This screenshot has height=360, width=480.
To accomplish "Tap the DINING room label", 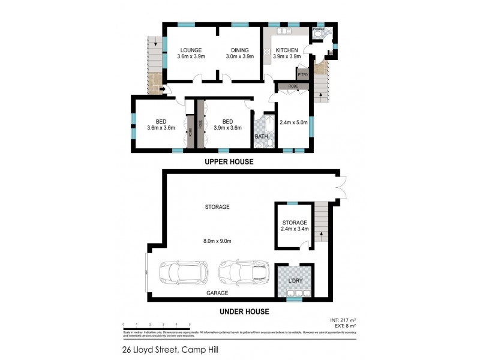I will pyautogui.click(x=240, y=50).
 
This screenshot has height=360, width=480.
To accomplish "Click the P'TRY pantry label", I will pyautogui.click(x=303, y=74).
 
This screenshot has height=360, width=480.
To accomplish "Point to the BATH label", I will pyautogui.click(x=262, y=137).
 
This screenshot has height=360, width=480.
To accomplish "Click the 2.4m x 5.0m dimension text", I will pyautogui.click(x=294, y=122).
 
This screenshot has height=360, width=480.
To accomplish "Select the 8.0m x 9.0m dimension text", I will pyautogui.click(x=217, y=241).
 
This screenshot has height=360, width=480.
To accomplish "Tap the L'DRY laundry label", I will pyautogui.click(x=295, y=281).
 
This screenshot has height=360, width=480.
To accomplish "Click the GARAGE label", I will pyautogui.click(x=217, y=293).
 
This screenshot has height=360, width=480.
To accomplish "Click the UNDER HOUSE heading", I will pyautogui.click(x=244, y=311).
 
